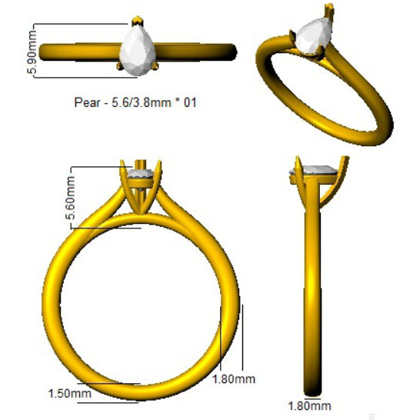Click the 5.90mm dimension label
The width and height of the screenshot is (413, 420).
pyautogui.click(x=32, y=52)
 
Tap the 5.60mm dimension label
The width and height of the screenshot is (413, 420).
pyautogui.click(x=70, y=198)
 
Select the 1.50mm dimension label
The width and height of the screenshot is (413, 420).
pyautogui.click(x=70, y=394)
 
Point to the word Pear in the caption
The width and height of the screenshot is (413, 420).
pyautogui.click(x=88, y=102)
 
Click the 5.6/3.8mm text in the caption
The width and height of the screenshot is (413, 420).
pyautogui.click(x=142, y=102)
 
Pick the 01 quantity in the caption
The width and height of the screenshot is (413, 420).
pyautogui.click(x=190, y=102)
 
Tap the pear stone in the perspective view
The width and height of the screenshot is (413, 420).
pyautogui.click(x=312, y=35)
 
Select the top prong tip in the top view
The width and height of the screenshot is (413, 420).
pyautogui.click(x=138, y=20)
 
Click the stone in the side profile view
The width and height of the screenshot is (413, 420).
pyautogui.click(x=315, y=169)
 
